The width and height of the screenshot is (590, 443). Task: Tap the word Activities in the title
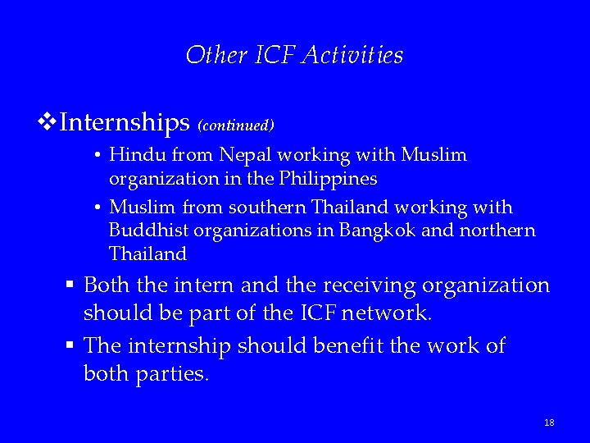353,55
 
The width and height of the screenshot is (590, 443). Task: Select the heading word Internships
125,123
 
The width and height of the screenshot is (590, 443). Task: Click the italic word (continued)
235,126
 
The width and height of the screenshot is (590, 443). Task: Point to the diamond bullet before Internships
48,123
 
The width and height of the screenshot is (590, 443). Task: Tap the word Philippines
327,178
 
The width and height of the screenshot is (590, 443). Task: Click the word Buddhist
143,231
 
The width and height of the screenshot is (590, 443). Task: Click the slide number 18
549,422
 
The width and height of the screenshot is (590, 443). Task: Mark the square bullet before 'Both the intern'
72,285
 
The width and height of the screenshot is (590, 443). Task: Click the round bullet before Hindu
97,155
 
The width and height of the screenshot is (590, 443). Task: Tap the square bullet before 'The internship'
72,346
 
